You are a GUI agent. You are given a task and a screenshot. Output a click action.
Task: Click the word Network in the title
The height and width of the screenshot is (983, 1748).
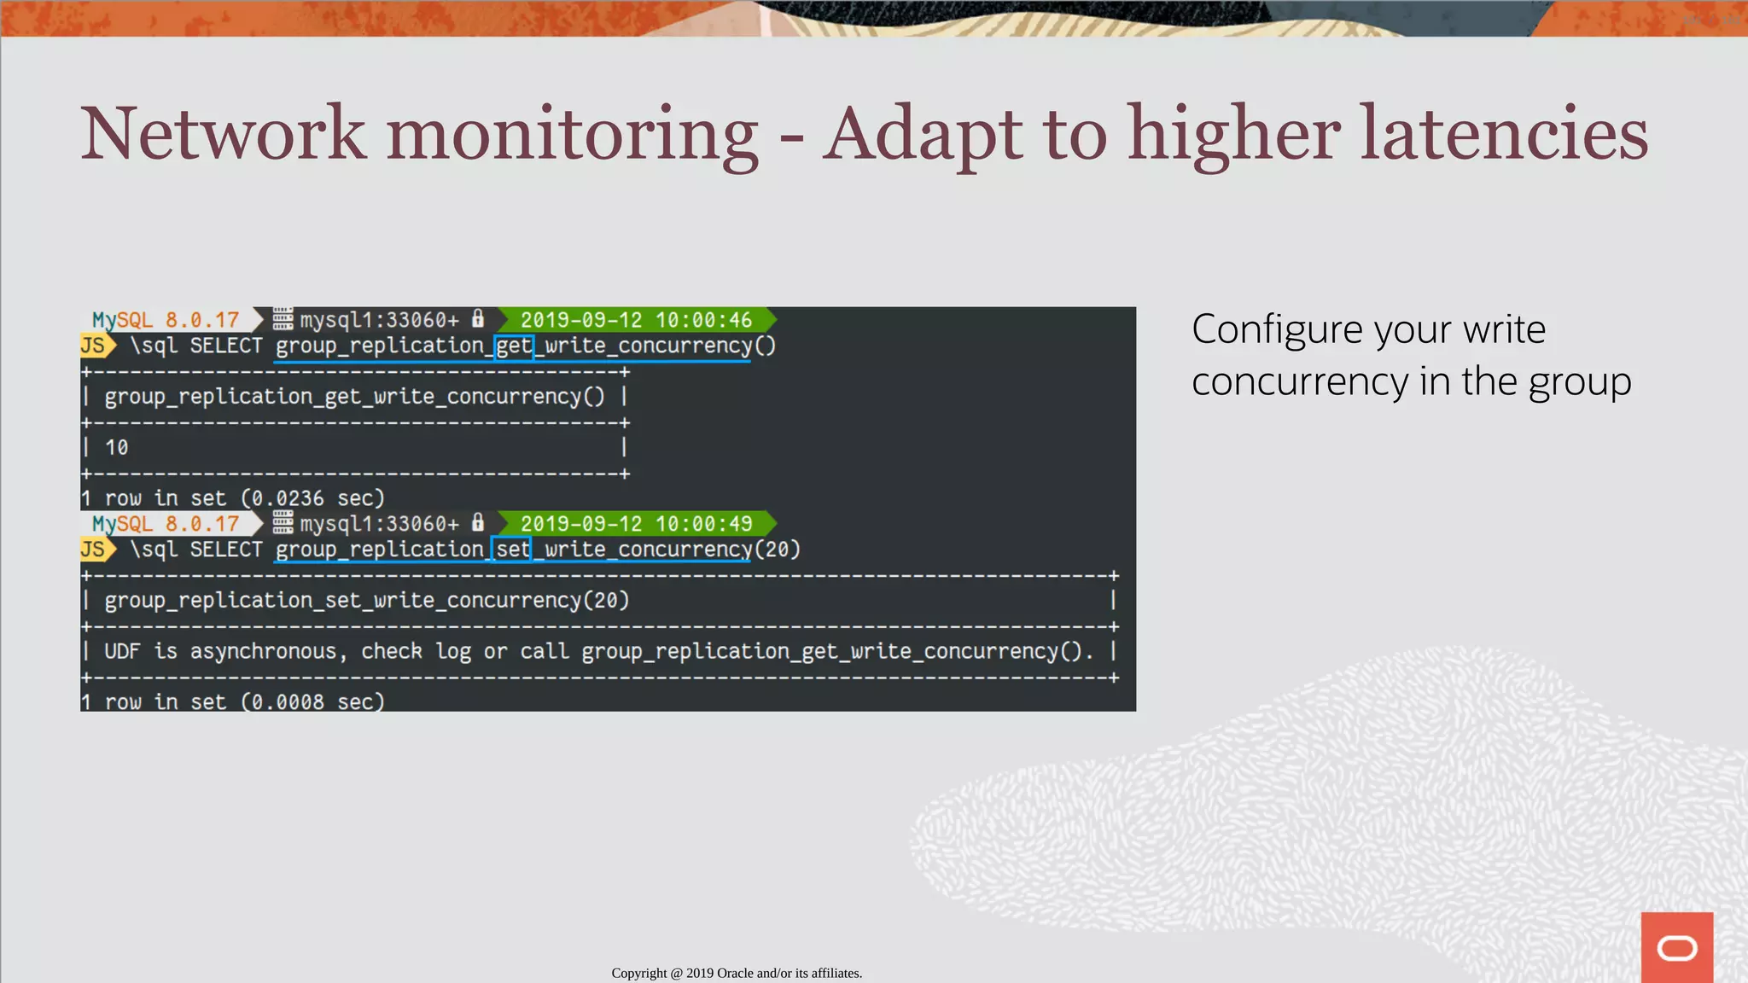click(x=224, y=134)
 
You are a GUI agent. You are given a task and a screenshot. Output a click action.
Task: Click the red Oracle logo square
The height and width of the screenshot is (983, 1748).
click(x=1676, y=947)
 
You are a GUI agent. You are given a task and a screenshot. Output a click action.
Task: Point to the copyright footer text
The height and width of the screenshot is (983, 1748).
click(x=737, y=973)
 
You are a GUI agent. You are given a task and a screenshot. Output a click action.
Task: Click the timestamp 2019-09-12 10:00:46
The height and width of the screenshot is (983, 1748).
click(x=636, y=320)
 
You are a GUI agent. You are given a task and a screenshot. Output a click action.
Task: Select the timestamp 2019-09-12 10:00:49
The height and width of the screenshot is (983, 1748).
click(x=636, y=524)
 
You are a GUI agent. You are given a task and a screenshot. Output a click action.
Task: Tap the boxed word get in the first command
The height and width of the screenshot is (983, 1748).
click(x=514, y=346)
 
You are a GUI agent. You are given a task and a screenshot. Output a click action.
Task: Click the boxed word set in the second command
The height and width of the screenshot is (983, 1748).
click(x=512, y=550)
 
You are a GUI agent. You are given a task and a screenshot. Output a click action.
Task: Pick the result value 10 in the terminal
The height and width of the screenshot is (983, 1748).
click(x=116, y=448)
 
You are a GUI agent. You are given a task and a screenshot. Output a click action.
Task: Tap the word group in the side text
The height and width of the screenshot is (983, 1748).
click(x=1579, y=382)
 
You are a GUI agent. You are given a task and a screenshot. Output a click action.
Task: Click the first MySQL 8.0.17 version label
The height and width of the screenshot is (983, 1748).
click(x=166, y=320)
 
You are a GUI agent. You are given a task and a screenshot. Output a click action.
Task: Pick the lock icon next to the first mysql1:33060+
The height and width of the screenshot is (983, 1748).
click(x=478, y=319)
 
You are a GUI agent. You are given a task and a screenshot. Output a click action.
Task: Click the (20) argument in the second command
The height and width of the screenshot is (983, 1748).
click(x=778, y=550)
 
